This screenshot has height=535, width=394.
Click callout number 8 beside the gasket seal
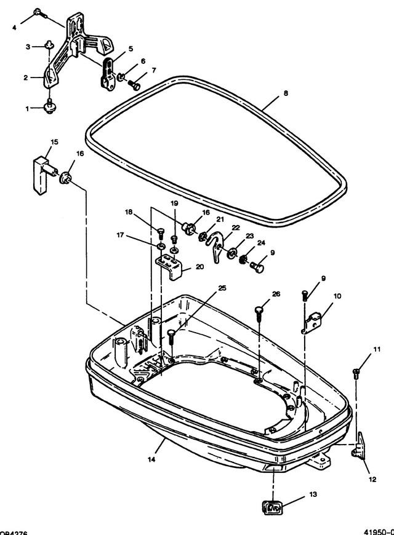pyautogui.click(x=285, y=93)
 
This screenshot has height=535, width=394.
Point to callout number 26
pyautogui.click(x=275, y=294)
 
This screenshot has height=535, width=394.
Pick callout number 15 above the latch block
pyautogui.click(x=54, y=142)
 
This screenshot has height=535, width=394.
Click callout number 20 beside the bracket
pyautogui.click(x=199, y=266)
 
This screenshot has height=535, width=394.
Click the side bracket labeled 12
pyautogui.click(x=359, y=446)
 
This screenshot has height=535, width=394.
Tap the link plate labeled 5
pyautogui.click(x=108, y=73)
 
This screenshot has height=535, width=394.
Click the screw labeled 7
pyautogui.click(x=134, y=84)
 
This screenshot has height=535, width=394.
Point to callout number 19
pyautogui.click(x=174, y=203)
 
